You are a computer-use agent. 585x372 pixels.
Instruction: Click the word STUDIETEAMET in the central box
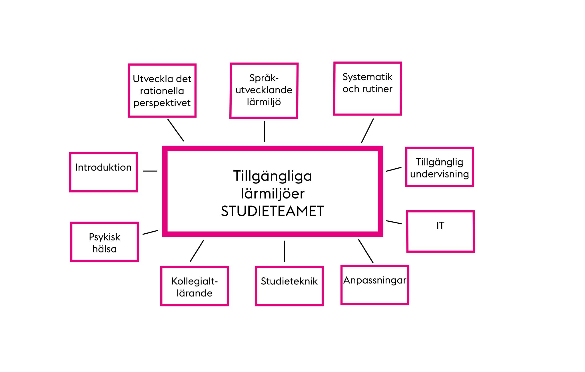[273, 211]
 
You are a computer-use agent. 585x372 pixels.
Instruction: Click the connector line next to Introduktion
[150, 171]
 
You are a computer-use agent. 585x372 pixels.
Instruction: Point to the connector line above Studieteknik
[285, 251]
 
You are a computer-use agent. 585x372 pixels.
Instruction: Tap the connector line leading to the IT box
[394, 222]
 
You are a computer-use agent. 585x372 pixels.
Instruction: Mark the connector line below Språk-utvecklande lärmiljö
[265, 131]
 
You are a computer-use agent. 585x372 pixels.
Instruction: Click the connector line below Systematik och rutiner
[367, 131]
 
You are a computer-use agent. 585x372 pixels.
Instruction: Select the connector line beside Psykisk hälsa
[150, 232]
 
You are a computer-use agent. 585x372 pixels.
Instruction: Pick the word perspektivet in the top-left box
[162, 103]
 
